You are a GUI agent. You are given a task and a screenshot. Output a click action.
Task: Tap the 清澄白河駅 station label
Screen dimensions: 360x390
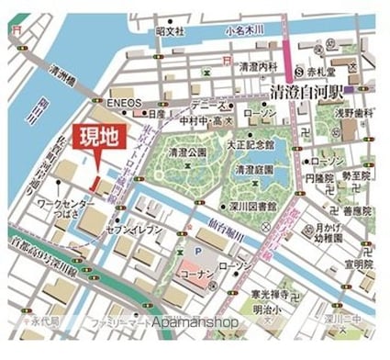coord(312,91)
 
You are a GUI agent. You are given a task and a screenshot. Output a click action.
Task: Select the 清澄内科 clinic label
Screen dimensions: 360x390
coord(258,67)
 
